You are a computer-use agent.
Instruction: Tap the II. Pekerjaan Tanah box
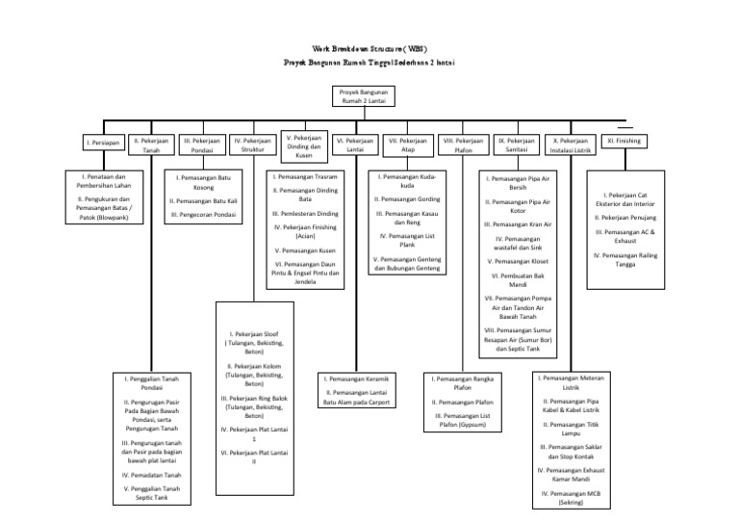151,144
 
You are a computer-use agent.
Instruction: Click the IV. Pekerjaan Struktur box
252,144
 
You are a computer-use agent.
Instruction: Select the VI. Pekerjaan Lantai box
354,144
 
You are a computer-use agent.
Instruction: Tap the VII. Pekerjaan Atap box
407,144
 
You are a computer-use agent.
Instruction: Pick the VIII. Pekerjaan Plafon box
463,144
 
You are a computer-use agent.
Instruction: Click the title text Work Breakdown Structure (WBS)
369,48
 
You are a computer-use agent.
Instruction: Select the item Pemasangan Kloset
520,260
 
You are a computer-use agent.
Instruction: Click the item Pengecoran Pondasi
203,214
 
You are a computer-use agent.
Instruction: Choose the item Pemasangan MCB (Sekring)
576,497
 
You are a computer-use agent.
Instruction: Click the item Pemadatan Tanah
151,475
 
